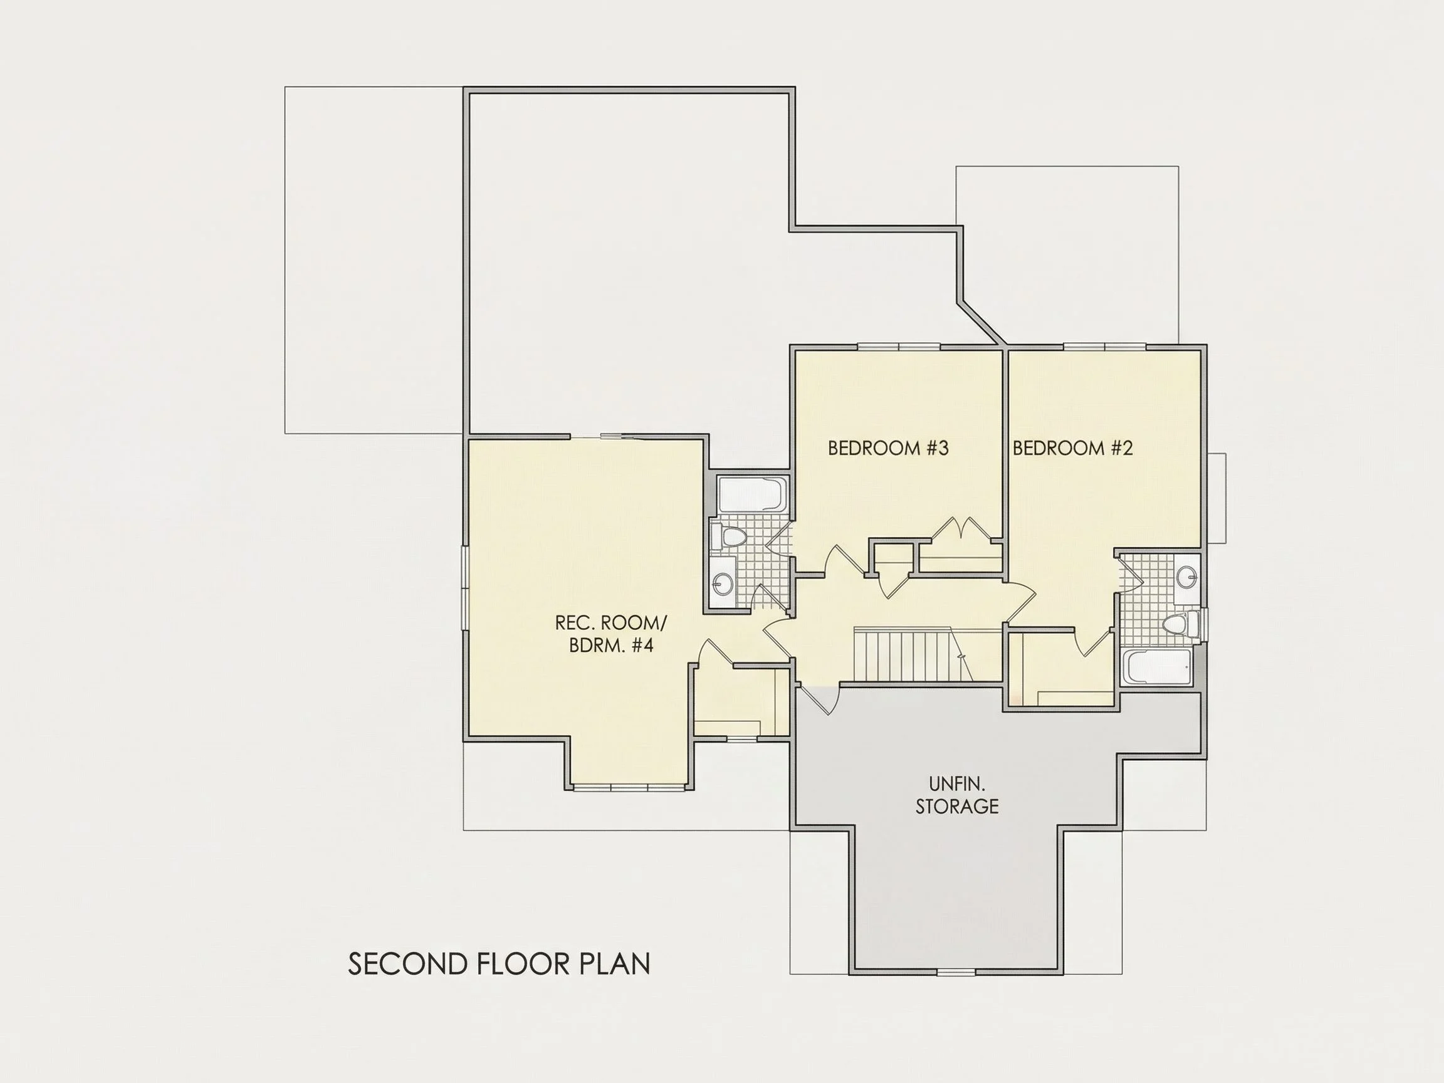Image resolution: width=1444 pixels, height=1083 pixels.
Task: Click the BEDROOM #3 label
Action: (888, 448)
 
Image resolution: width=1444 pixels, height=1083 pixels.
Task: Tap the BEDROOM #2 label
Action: (1072, 448)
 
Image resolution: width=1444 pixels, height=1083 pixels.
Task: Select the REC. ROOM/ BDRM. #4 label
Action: (611, 634)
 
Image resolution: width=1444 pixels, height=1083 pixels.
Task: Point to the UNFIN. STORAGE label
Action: (957, 795)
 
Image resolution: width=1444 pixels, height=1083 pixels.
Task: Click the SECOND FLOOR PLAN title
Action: (500, 964)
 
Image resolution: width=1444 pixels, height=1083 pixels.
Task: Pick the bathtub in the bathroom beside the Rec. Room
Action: (753, 494)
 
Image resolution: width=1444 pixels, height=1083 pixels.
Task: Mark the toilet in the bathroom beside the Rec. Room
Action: (730, 537)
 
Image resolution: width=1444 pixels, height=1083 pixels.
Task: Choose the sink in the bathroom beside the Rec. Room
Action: (723, 582)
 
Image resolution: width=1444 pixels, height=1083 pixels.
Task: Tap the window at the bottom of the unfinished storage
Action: (956, 972)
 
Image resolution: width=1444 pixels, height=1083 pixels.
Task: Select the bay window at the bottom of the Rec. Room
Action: (629, 787)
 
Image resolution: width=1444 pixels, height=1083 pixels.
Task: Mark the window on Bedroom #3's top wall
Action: (899, 346)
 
